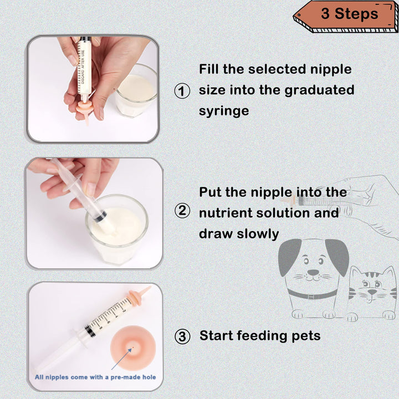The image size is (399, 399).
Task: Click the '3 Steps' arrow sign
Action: tap(346, 17)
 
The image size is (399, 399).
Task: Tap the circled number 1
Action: tap(182, 91)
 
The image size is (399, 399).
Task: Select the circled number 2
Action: tap(182, 211)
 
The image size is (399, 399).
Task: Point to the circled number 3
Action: tap(182, 336)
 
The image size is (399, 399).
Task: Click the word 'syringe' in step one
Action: tap(224, 111)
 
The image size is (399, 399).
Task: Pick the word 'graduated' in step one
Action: tap(319, 90)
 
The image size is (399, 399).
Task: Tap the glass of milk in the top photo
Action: tap(136, 91)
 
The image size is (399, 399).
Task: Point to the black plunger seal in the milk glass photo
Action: tap(100, 217)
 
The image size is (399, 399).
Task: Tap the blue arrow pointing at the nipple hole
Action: tap(121, 359)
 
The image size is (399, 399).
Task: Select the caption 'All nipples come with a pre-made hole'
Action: tap(95, 377)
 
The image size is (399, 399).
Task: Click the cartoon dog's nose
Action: tap(313, 273)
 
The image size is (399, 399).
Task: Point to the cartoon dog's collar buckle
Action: tap(311, 296)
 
